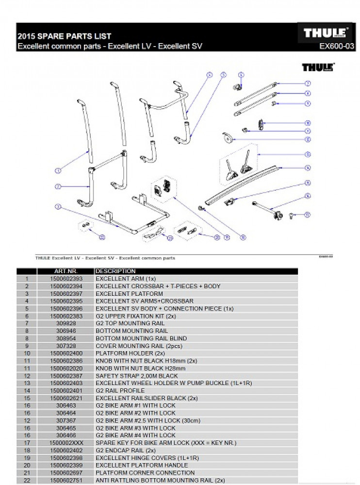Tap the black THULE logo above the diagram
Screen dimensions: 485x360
click(x=318, y=67)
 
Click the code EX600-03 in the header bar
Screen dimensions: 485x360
click(x=336, y=47)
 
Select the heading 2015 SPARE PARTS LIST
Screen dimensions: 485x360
click(x=65, y=36)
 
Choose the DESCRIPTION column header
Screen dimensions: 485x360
click(x=115, y=271)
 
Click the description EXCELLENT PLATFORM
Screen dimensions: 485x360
click(x=129, y=294)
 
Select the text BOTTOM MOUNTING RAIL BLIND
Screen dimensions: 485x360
click(x=141, y=339)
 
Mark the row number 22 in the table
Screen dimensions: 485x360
click(x=27, y=480)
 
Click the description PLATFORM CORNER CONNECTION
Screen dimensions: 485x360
click(x=145, y=473)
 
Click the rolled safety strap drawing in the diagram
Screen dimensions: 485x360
click(x=227, y=138)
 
